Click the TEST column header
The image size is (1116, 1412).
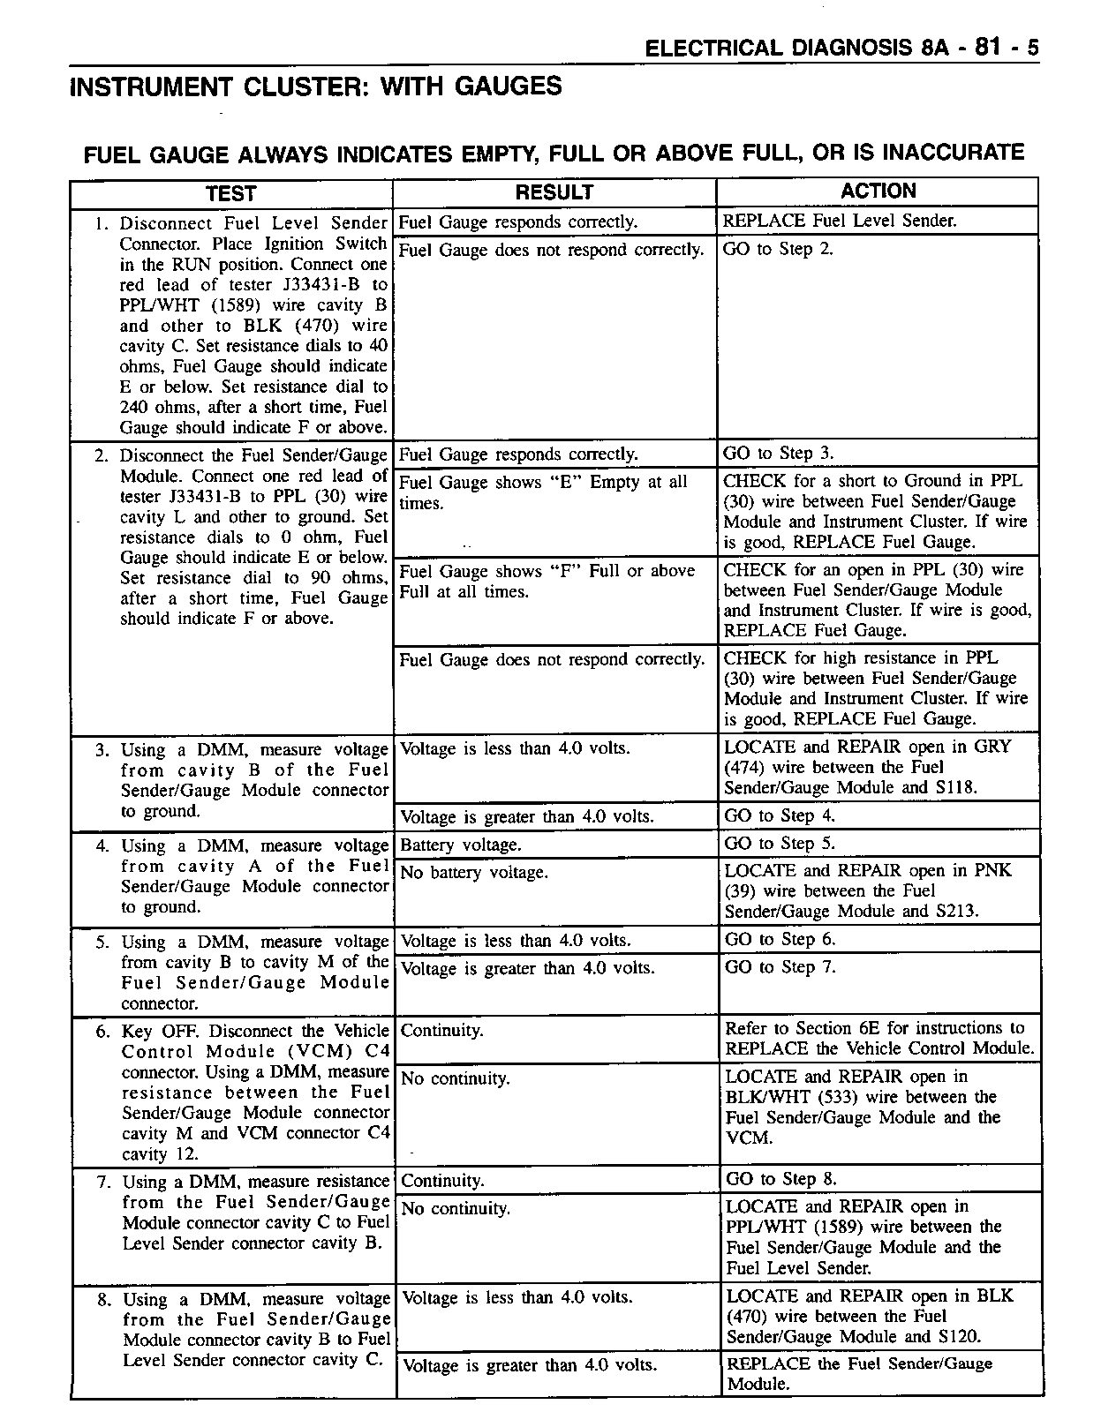230,194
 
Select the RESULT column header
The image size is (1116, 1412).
554,192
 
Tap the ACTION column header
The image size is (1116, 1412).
878,192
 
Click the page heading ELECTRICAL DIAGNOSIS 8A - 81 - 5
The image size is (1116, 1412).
841,49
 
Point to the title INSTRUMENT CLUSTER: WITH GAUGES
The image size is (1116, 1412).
315,86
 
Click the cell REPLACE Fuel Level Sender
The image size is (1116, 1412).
839,221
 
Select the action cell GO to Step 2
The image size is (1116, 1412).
778,250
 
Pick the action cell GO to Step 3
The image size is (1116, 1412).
778,454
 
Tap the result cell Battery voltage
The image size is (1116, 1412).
461,845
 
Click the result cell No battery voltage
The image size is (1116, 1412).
474,873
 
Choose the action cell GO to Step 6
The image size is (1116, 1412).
780,940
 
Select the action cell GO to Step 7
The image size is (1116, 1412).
780,967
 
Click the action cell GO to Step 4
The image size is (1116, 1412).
780,816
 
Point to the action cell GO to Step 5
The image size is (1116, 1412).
780,844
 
